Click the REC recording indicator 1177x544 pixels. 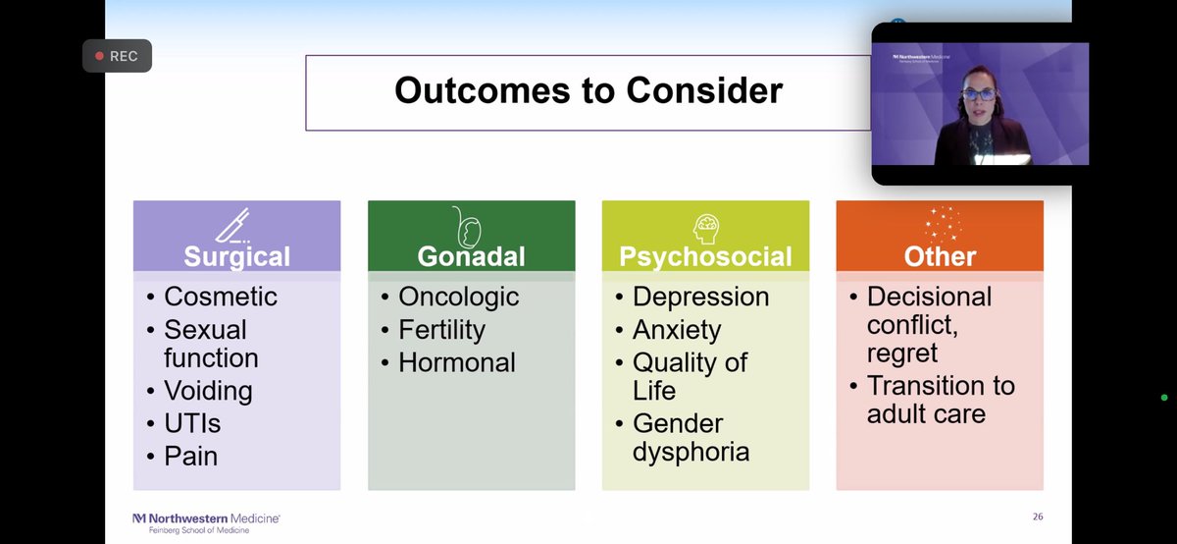tap(117, 56)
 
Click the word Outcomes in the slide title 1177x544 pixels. tap(483, 90)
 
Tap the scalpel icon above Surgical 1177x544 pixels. tap(233, 225)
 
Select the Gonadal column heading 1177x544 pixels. tap(472, 256)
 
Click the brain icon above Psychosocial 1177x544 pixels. tap(705, 229)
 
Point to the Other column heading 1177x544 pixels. tap(940, 256)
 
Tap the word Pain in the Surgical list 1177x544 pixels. tap(190, 457)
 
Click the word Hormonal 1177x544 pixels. tap(457, 362)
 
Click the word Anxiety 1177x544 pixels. tap(677, 330)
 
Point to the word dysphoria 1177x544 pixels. tap(691, 453)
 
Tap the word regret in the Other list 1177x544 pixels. tap(902, 354)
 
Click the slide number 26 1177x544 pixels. tap(1038, 517)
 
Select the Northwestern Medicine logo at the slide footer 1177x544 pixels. tap(206, 523)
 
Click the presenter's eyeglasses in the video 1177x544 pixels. tap(979, 94)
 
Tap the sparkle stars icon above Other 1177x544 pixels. tap(944, 224)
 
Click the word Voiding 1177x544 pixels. tap(208, 392)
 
